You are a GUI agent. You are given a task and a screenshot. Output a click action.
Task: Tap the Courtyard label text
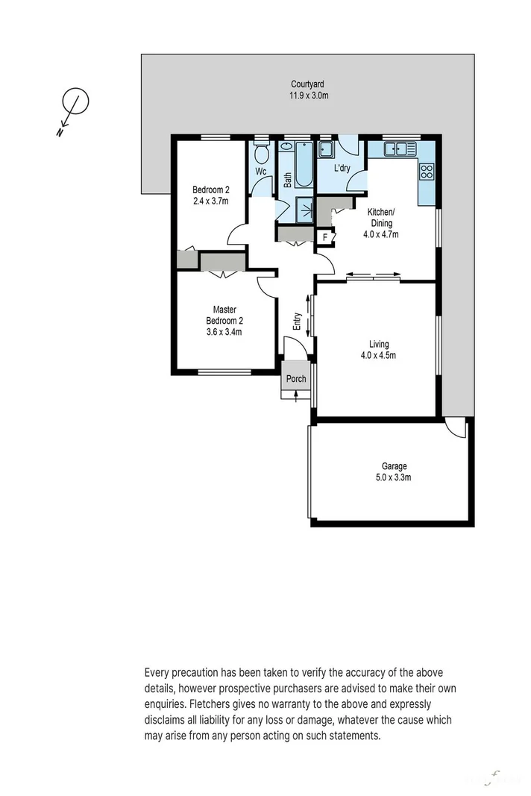click(308, 85)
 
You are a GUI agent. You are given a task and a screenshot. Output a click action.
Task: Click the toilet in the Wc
click(261, 154)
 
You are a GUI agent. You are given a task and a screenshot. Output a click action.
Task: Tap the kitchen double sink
click(401, 148)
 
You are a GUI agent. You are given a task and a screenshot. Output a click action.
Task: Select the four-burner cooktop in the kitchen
click(427, 172)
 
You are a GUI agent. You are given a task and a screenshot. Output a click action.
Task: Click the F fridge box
click(324, 238)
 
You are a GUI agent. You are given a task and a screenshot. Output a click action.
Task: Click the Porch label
click(296, 379)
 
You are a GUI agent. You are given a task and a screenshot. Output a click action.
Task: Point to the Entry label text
click(298, 321)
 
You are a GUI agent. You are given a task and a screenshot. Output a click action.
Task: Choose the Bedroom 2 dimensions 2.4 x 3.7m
click(210, 201)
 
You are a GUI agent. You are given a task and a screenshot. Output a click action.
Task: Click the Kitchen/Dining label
click(381, 217)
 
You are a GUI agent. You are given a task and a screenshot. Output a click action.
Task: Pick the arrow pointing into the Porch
click(296, 395)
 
